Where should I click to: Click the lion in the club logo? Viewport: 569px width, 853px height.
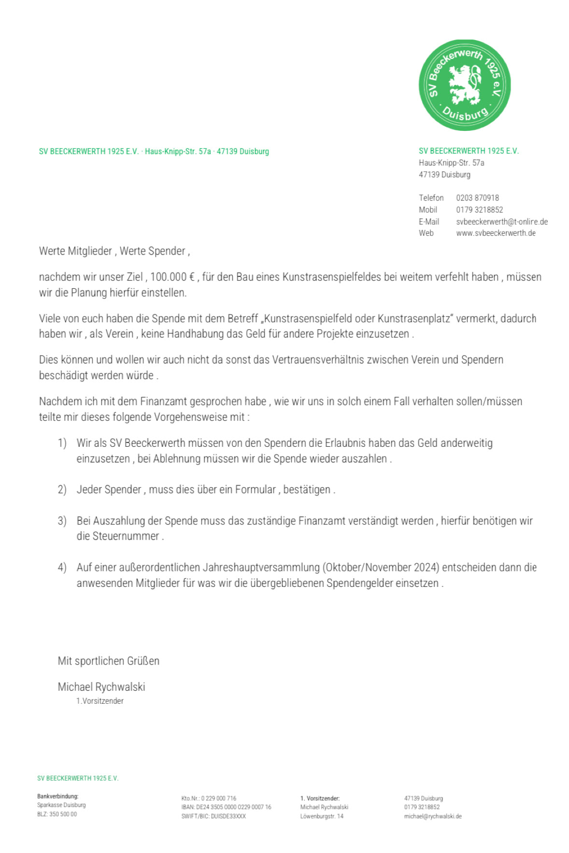pos(464,85)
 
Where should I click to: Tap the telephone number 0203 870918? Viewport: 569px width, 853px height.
pos(477,198)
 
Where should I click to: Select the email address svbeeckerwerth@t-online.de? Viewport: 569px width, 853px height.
pos(501,222)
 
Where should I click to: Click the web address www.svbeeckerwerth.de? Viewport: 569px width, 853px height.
pos(496,233)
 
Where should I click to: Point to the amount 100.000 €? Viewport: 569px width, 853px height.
pos(172,277)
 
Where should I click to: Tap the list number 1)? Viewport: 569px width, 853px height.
pos(62,443)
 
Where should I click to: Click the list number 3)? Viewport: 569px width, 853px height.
pos(62,521)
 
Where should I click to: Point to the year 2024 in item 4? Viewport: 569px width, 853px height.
pos(426,568)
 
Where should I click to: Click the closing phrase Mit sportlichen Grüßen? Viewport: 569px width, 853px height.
pos(108,661)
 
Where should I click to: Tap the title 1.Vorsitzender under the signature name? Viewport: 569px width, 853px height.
pos(100,701)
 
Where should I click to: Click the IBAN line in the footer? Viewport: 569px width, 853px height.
pos(226,807)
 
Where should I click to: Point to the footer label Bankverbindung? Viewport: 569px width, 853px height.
pos(57,796)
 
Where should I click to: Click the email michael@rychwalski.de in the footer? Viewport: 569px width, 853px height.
pos(432,816)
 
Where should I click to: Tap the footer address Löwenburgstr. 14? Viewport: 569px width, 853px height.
pos(322,816)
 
